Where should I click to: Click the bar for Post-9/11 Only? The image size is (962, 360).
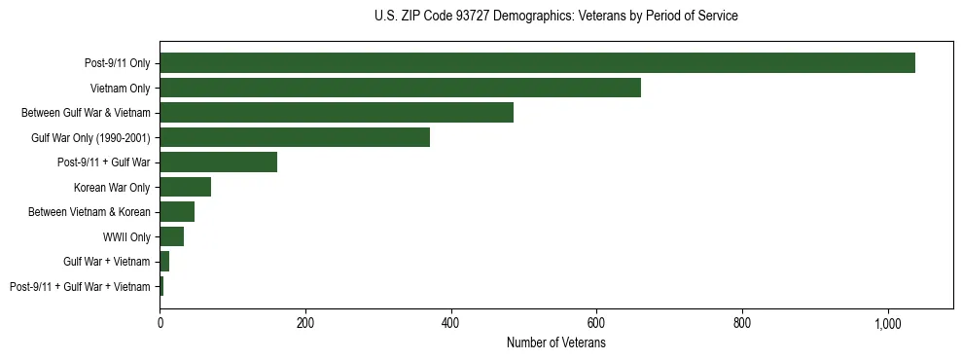(537, 63)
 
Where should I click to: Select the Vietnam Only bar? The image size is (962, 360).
(400, 88)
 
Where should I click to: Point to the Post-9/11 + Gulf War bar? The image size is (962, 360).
(218, 162)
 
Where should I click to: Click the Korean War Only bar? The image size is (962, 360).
(185, 187)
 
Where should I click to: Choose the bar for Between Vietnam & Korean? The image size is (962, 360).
(177, 211)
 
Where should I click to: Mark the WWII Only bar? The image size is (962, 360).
(171, 236)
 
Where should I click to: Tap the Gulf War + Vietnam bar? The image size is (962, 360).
(164, 261)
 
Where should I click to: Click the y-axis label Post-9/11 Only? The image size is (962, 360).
(118, 63)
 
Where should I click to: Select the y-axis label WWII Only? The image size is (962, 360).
(126, 236)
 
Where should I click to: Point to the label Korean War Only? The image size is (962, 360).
(112, 187)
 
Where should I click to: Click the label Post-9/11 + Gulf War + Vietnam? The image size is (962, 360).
(80, 286)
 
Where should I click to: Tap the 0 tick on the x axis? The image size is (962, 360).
(160, 323)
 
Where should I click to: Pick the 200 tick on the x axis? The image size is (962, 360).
(305, 323)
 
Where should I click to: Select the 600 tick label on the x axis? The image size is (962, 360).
(596, 323)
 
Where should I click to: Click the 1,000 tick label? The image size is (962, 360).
(888, 323)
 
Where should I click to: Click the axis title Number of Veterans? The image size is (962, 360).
(556, 342)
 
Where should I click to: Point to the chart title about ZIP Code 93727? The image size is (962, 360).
(555, 17)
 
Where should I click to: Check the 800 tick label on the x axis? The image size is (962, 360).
(742, 323)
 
